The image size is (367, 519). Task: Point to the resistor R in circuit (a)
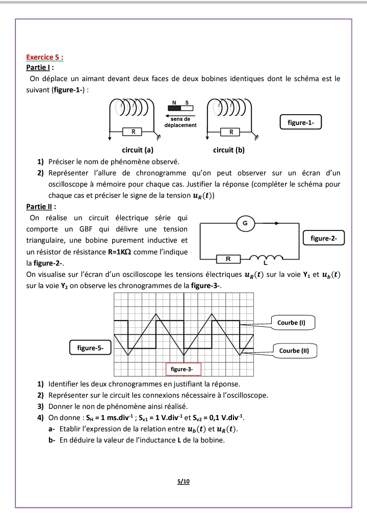[134, 132]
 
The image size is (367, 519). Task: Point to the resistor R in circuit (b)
[231, 132]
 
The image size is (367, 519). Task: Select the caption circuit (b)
[229, 150]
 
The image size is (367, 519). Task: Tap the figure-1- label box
[301, 123]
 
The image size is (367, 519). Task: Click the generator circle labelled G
[245, 223]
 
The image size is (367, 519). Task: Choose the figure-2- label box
[324, 238]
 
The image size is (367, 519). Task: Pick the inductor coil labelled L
[265, 258]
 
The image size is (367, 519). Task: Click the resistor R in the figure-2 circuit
[228, 259]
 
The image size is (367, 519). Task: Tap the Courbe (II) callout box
[298, 351]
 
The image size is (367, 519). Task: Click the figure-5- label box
[90, 348]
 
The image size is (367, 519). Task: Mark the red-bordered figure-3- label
[182, 369]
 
